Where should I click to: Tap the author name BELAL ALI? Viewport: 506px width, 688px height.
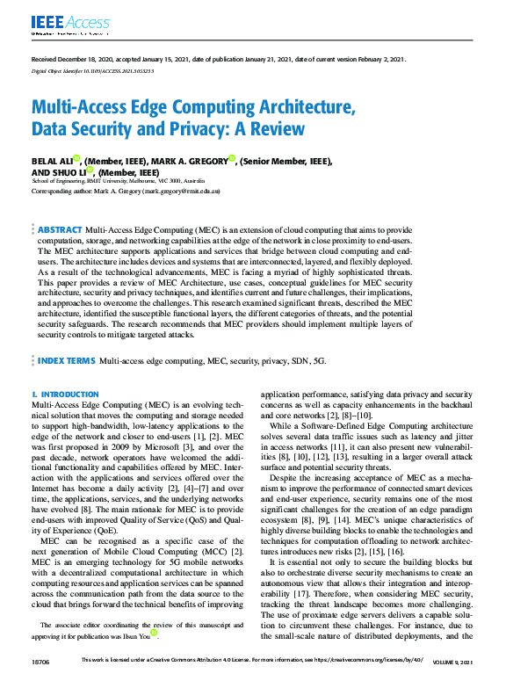(52, 161)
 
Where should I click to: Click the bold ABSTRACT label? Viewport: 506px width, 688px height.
(60, 229)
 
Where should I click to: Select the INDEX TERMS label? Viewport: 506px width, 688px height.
(66, 361)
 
